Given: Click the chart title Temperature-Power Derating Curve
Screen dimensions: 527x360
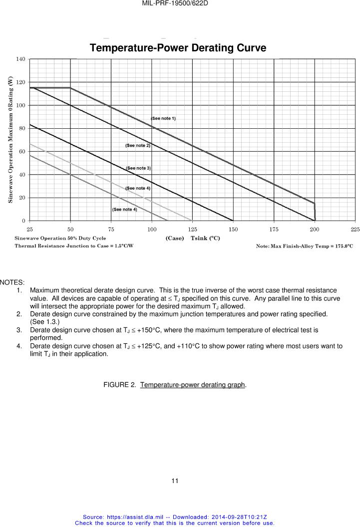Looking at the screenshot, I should (x=177, y=48).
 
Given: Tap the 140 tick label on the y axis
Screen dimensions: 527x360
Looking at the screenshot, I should (x=20, y=59).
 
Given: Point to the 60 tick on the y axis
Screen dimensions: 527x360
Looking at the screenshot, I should (x=22, y=151).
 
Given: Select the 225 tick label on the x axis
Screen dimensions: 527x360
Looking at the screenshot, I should (x=355, y=229).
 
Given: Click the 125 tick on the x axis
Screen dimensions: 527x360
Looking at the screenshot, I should (x=192, y=229).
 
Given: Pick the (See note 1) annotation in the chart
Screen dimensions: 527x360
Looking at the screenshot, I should (x=163, y=118).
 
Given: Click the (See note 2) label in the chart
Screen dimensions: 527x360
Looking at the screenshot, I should (x=137, y=145).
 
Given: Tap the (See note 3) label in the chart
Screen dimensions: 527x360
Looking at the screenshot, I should (x=138, y=168).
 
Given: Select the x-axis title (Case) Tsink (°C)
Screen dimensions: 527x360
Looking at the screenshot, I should (x=192, y=239).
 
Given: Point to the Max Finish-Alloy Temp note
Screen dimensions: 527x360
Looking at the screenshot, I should (x=304, y=246).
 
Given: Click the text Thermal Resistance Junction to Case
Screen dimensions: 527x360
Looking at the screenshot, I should (x=74, y=246).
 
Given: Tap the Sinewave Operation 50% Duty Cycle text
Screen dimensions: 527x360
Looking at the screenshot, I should (x=60, y=238).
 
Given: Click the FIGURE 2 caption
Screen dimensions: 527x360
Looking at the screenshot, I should (x=175, y=384).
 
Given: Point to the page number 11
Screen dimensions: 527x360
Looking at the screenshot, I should (x=175, y=481).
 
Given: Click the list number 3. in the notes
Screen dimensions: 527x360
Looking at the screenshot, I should (x=19, y=330).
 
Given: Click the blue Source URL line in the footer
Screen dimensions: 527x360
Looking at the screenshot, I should (x=175, y=517).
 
